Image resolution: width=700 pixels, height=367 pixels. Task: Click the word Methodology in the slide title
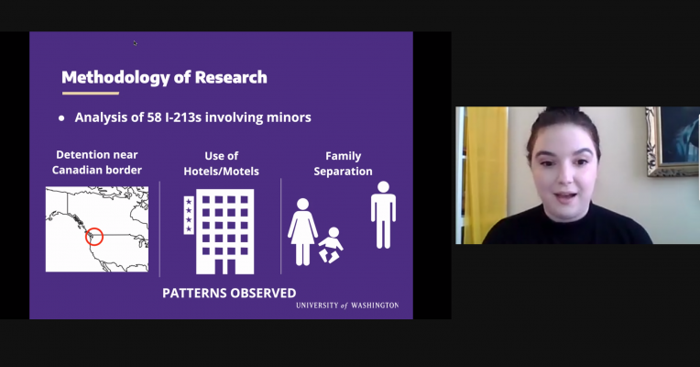115,78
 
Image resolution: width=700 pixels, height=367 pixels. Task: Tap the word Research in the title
231,77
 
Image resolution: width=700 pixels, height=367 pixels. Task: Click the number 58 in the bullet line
154,117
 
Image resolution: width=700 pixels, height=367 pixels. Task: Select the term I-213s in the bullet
183,117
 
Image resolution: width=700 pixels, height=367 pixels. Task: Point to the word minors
289,117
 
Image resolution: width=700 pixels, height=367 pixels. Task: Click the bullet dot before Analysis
61,118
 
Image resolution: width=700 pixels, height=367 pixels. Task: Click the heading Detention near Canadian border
97,162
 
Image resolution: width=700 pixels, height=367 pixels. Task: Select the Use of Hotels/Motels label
222,163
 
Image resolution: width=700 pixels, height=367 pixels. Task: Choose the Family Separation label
343,163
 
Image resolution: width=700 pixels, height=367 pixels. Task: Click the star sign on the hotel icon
189,215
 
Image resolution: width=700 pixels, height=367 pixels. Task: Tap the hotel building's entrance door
225,266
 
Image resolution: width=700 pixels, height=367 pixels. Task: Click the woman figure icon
302,231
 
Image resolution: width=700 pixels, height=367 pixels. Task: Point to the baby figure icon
331,245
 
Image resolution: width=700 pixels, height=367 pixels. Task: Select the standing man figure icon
383,215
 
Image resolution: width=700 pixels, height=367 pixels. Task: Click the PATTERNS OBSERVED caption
229,294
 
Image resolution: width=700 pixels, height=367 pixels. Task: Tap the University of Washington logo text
347,306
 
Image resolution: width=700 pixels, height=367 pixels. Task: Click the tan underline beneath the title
91,94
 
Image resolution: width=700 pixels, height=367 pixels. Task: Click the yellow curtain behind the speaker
486,175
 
